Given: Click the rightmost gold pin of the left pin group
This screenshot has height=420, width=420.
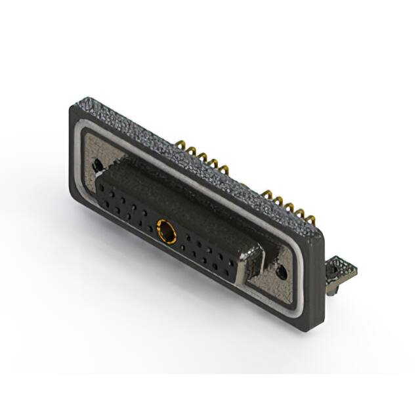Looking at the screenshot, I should pos(226,173).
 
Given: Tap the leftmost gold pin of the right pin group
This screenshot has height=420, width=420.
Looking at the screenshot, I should pos(267,194).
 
